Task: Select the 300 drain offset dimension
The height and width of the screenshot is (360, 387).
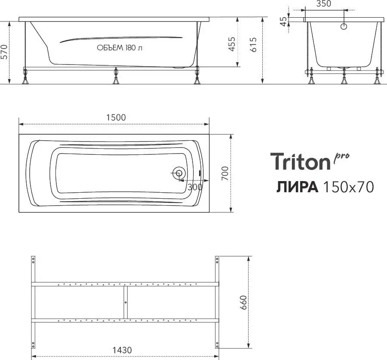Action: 195,187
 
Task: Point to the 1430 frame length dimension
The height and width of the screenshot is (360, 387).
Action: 122,350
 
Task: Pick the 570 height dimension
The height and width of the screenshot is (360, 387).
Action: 5,52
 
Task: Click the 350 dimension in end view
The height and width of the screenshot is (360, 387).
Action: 323,4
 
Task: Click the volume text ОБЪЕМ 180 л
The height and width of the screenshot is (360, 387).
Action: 120,48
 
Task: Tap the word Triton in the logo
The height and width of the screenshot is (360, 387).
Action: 299,162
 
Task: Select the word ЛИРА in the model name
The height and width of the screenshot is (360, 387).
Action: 297,187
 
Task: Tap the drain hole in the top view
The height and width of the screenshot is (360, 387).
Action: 179,174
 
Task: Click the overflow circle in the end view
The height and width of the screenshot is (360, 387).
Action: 344,26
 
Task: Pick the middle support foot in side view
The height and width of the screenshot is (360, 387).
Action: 115,77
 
